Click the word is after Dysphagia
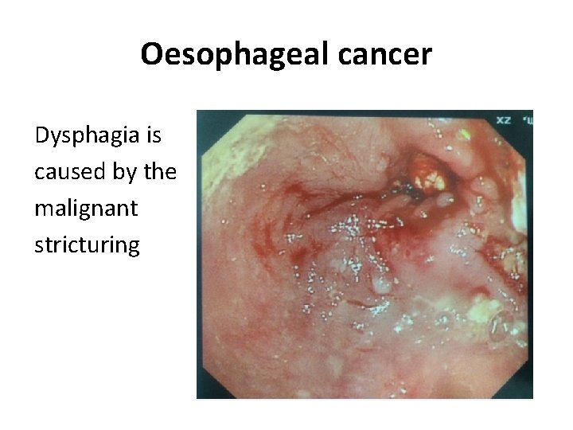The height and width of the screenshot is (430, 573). pyautogui.click(x=153, y=136)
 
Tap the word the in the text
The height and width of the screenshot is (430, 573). pyautogui.click(x=161, y=172)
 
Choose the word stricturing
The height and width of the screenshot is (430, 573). pyautogui.click(x=87, y=244)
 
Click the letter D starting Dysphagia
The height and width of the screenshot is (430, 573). pyautogui.click(x=42, y=136)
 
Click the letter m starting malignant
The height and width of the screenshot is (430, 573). pyautogui.click(x=44, y=209)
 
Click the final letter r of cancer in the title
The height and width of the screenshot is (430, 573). pyautogui.click(x=427, y=54)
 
